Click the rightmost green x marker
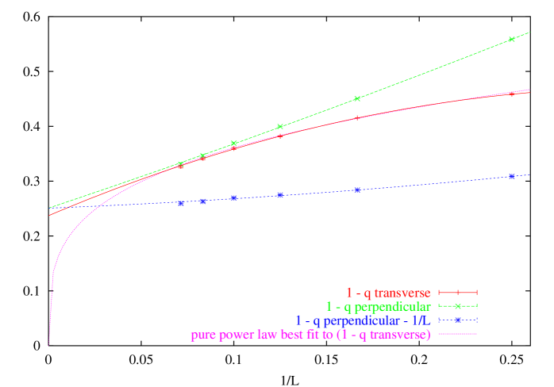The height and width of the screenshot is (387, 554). [511, 39]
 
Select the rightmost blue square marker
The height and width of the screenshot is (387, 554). [511, 176]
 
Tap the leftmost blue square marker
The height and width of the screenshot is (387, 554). [181, 203]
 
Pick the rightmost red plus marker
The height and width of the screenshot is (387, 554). [511, 94]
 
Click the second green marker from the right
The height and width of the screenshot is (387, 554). [356, 99]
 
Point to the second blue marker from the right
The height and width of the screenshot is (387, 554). [356, 190]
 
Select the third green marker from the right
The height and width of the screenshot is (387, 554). [279, 127]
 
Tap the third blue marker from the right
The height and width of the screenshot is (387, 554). [279, 194]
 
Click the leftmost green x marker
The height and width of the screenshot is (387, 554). [181, 163]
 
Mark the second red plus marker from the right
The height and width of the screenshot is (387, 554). [356, 117]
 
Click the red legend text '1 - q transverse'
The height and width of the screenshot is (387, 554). [388, 293]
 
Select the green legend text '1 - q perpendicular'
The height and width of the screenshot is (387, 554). [378, 306]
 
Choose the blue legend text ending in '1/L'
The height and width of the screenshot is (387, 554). [363, 320]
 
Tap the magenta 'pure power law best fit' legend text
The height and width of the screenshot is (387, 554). [310, 335]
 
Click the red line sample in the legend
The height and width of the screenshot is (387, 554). [456, 293]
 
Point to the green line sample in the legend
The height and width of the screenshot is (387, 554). [456, 306]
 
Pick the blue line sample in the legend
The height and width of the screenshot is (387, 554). [456, 320]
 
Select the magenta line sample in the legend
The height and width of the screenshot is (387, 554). [456, 335]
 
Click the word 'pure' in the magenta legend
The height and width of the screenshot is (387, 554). [202, 335]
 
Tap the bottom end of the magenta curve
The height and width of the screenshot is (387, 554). [49, 344]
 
